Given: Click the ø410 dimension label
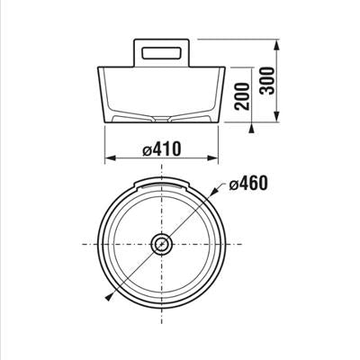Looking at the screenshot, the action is pos(162,148).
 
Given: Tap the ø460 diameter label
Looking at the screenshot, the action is pos(247,183).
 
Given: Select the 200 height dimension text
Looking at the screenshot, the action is pos(242,96).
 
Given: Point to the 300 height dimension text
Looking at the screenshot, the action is pos(267,81).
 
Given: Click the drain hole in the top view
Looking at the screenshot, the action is pos(162,244).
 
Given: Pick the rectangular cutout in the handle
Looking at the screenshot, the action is pos(162,53).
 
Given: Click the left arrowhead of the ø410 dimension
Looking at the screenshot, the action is pos(110,158).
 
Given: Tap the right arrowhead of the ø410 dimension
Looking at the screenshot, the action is pos(212,158).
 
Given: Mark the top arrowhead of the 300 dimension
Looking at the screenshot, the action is pos(277,45).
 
